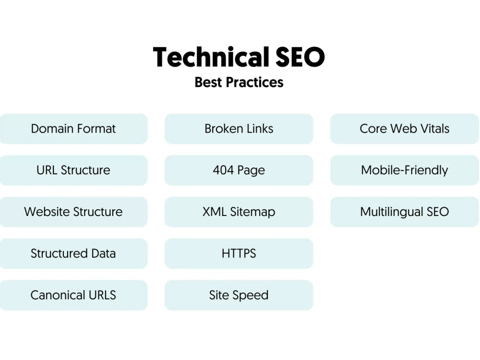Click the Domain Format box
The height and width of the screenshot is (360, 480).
73,129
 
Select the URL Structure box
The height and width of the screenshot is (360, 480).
73,170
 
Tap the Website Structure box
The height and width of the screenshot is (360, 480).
73,212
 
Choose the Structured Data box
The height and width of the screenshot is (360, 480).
73,253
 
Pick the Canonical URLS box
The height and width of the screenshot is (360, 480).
73,295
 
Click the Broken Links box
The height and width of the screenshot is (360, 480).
239,129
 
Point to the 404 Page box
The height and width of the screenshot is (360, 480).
239,170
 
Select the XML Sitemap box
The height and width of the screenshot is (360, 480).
239,212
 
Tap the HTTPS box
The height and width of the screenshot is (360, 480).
239,253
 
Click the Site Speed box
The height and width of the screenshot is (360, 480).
239,295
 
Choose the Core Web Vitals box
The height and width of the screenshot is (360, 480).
405,129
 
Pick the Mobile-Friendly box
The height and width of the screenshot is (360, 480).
405,170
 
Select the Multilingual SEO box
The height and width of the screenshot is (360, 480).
405,212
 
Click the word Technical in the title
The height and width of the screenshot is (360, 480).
211,57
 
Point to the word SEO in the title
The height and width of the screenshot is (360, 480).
300,57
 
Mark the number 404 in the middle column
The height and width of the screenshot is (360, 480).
224,170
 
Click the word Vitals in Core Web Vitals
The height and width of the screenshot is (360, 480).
435,129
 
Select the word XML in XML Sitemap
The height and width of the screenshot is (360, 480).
215,212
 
